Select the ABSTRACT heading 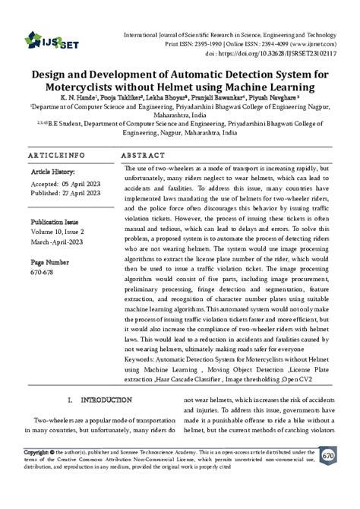pos(144,154)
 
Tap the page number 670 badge pos(328,454)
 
